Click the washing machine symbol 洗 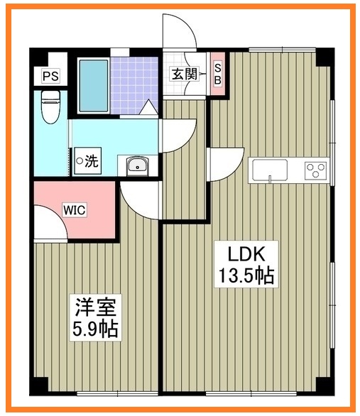coord(89,161)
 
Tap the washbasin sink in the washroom coord(136,166)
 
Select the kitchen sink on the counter coord(270,170)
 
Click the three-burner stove coord(315,170)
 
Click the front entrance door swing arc coord(179,32)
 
